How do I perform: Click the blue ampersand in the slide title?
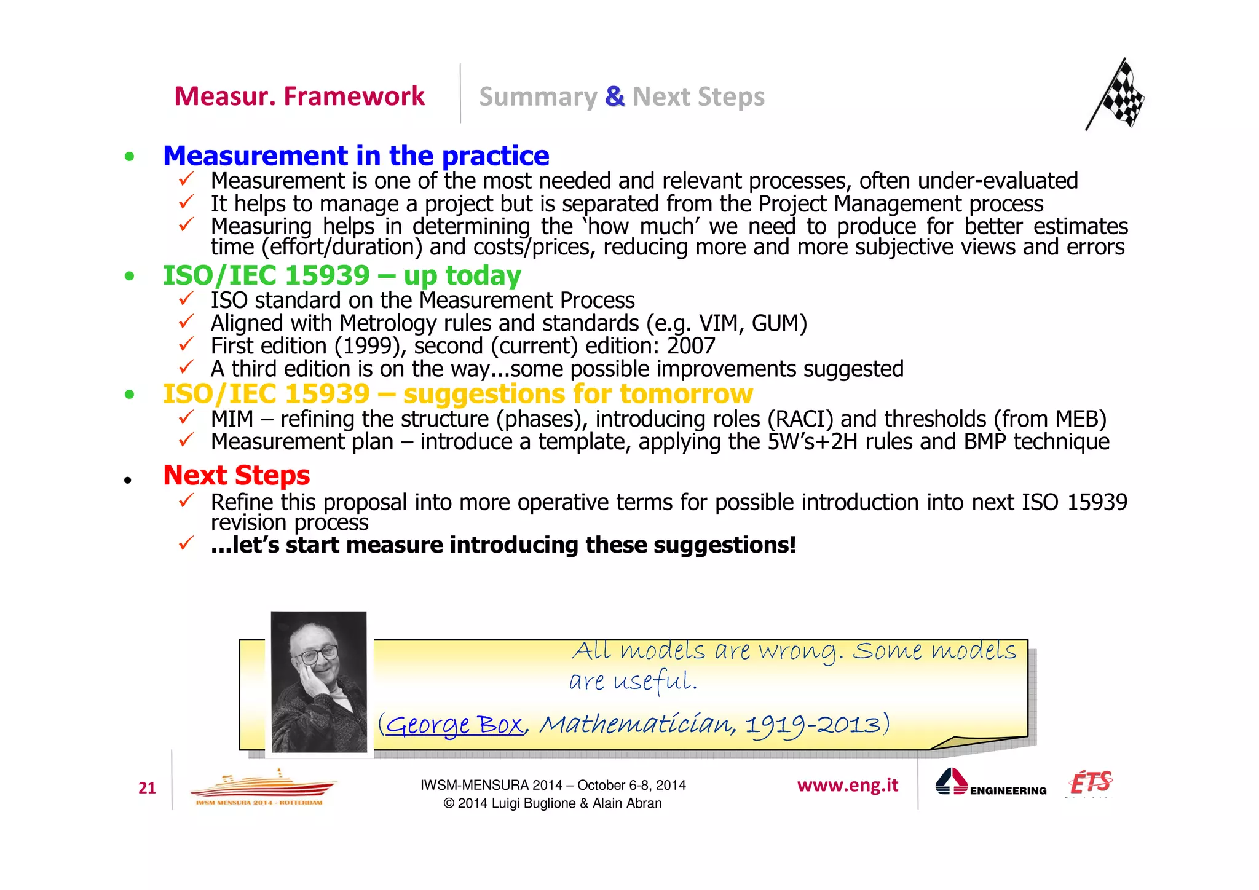click(x=614, y=96)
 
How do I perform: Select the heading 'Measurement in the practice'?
click(x=356, y=156)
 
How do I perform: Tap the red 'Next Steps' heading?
click(x=236, y=475)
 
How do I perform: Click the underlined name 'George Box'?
click(x=454, y=725)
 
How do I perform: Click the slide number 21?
click(x=147, y=788)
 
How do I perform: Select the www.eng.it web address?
click(x=847, y=785)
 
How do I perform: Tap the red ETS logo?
click(x=1091, y=783)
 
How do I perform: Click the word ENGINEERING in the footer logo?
click(x=1008, y=791)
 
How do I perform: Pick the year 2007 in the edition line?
click(x=691, y=346)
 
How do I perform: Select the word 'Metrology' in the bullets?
click(x=388, y=323)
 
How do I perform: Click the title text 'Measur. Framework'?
click(x=299, y=96)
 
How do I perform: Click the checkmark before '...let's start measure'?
click(x=186, y=543)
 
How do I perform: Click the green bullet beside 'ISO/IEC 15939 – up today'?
click(x=129, y=276)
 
